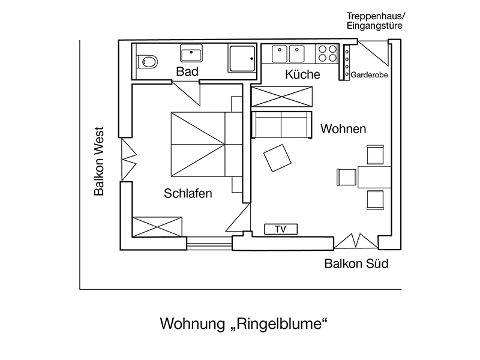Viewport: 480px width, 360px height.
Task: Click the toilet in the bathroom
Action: point(146,61)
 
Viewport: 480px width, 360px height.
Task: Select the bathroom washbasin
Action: point(192,54)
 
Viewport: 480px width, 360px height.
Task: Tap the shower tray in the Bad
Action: point(242,59)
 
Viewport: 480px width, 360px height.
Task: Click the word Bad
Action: point(187,71)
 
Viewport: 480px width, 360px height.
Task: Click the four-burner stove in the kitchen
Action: point(328,54)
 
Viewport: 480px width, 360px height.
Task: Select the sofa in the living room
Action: point(281,124)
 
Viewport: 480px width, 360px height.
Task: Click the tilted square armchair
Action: point(277,158)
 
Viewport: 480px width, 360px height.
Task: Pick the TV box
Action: point(280,229)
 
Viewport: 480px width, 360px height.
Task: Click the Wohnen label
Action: point(343,129)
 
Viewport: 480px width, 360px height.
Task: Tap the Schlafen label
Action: point(188,194)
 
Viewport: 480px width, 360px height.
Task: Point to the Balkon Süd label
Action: point(356,263)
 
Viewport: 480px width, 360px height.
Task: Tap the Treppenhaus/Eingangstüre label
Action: point(375,20)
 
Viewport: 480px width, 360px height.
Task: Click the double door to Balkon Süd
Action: point(356,241)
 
